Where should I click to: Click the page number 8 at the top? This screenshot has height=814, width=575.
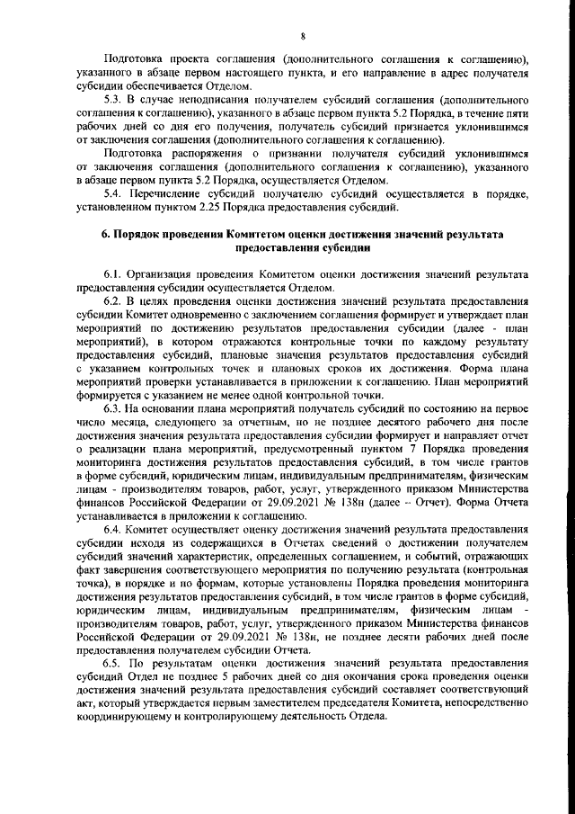304,36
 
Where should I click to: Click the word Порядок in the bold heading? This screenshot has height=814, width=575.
141,234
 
